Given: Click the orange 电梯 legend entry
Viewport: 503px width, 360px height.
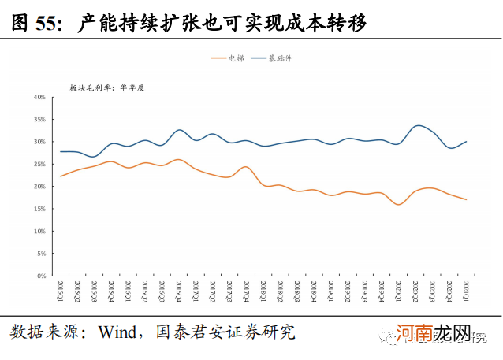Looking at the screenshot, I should pyautogui.click(x=230, y=58).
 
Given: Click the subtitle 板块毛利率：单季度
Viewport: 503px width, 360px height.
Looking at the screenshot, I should pyautogui.click(x=107, y=87).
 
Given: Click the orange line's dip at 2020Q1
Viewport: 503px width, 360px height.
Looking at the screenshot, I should pyautogui.click(x=400, y=205).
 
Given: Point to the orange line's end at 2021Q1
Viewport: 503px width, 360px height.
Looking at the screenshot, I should pyautogui.click(x=468, y=199).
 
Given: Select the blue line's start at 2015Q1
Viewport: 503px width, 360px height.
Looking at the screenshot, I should pyautogui.click(x=60, y=151).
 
